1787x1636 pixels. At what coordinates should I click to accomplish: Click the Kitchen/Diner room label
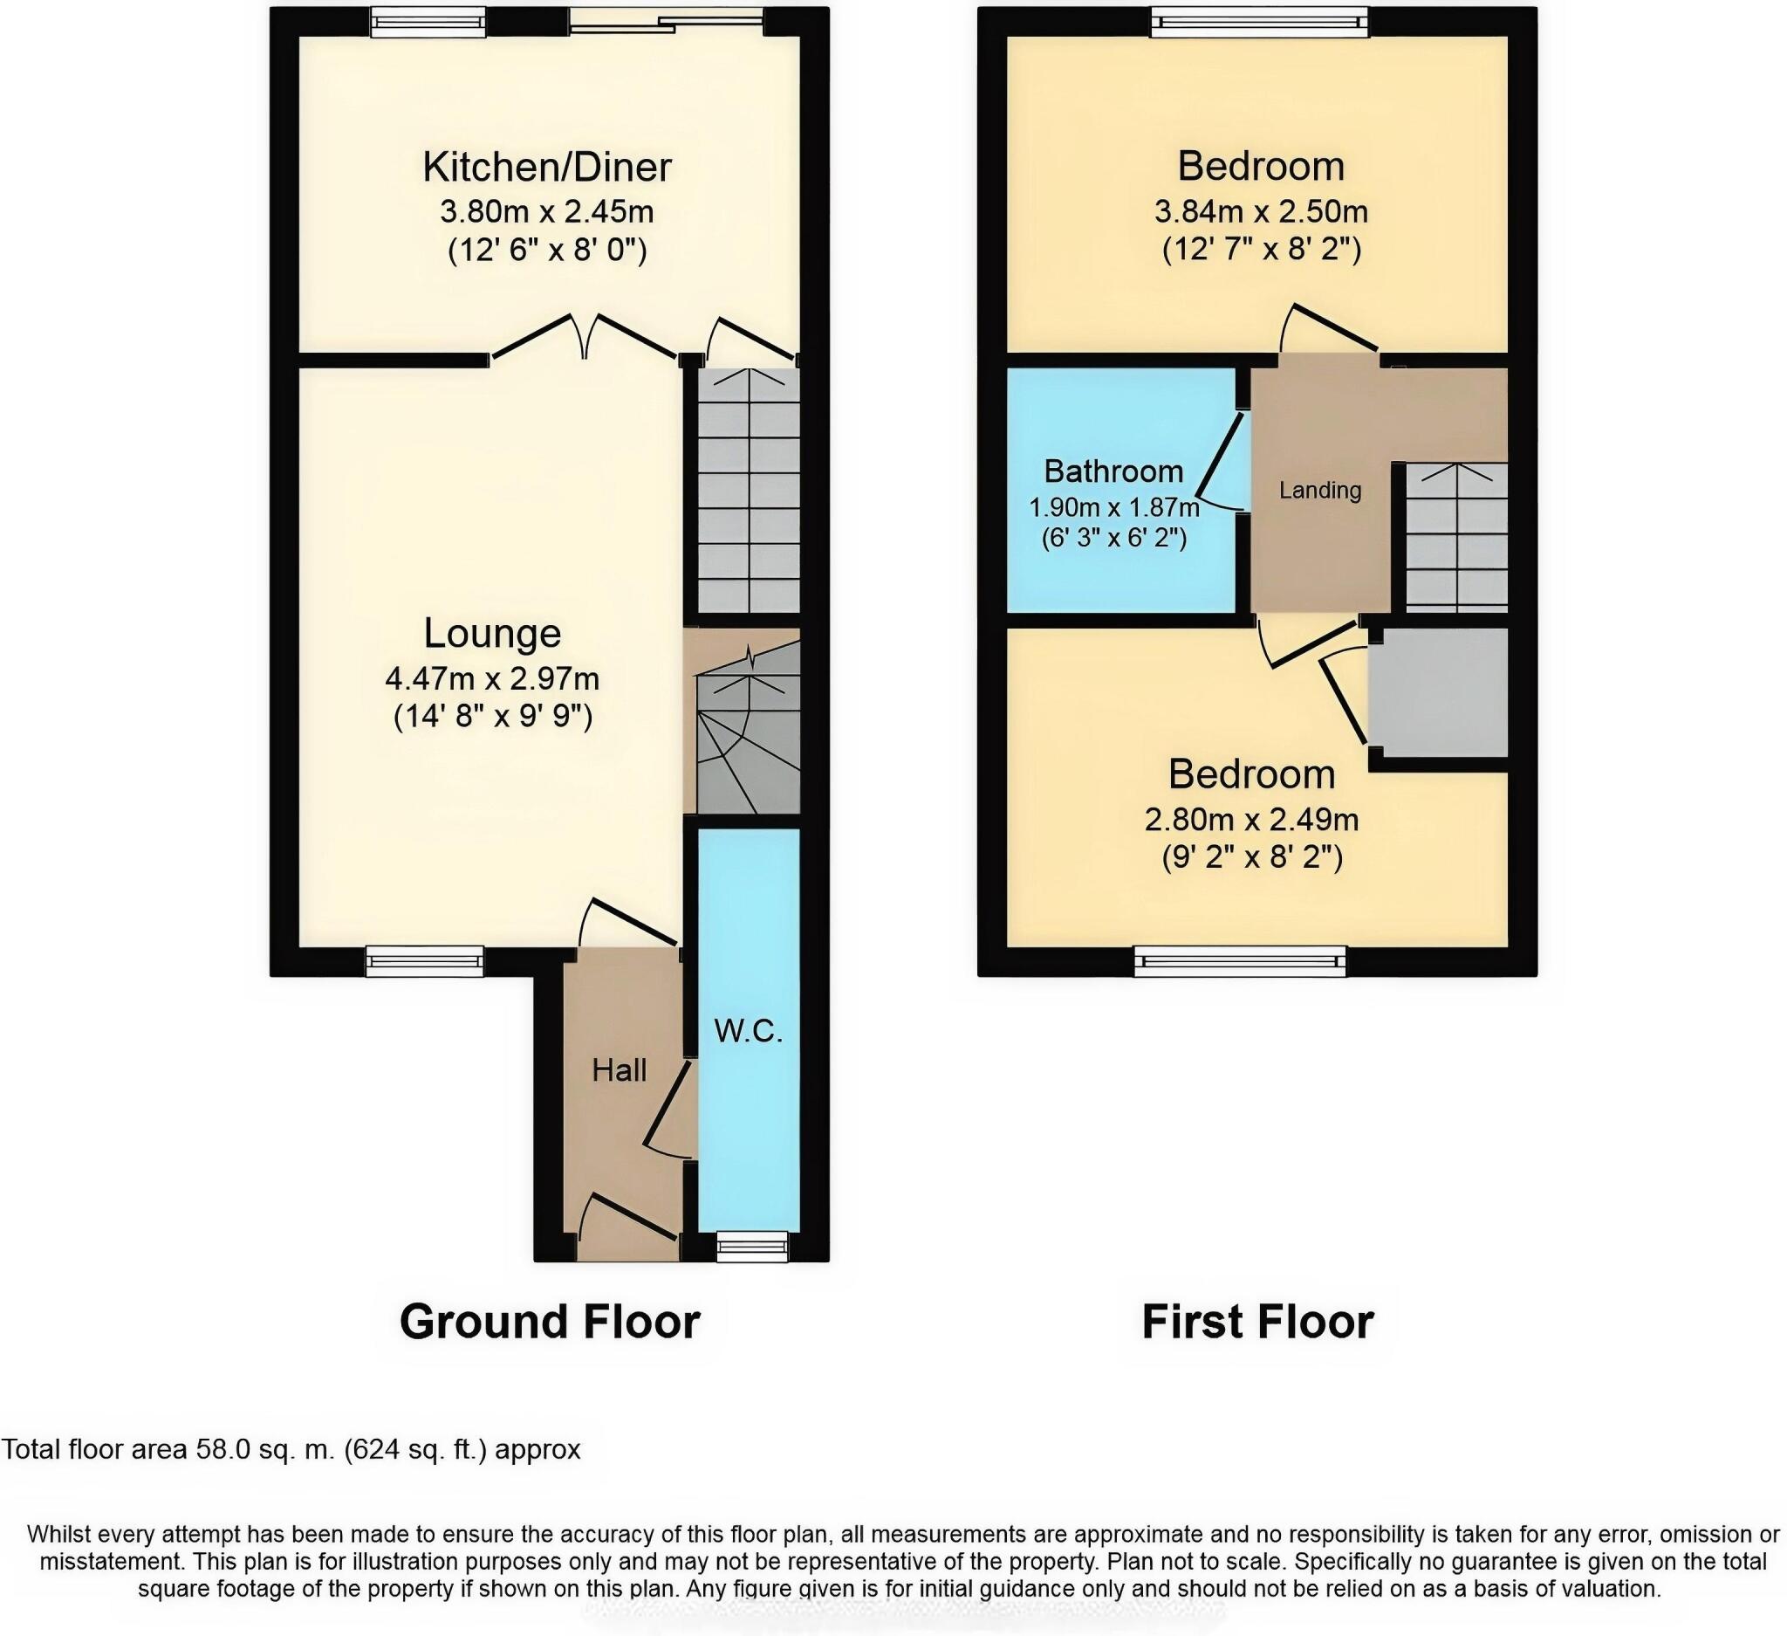tap(546, 167)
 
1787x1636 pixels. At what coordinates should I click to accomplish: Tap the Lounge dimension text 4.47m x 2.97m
tap(492, 678)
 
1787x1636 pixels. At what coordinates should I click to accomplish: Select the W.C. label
tap(748, 1031)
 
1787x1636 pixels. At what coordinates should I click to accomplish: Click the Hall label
tap(619, 1070)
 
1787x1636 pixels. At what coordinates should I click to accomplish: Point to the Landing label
tap(1319, 491)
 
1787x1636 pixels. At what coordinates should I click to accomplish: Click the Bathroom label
tap(1113, 471)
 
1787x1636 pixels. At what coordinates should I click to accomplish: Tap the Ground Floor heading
tap(550, 1321)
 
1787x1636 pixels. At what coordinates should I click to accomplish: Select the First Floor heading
tap(1257, 1321)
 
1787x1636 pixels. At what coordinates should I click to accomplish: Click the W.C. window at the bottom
tap(750, 1248)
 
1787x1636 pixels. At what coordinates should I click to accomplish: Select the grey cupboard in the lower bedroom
tap(1438, 692)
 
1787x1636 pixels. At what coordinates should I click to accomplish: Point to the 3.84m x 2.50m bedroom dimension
tap(1261, 212)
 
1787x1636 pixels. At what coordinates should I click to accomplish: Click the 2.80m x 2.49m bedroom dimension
tap(1250, 820)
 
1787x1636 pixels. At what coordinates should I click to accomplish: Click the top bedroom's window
tap(1260, 22)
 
